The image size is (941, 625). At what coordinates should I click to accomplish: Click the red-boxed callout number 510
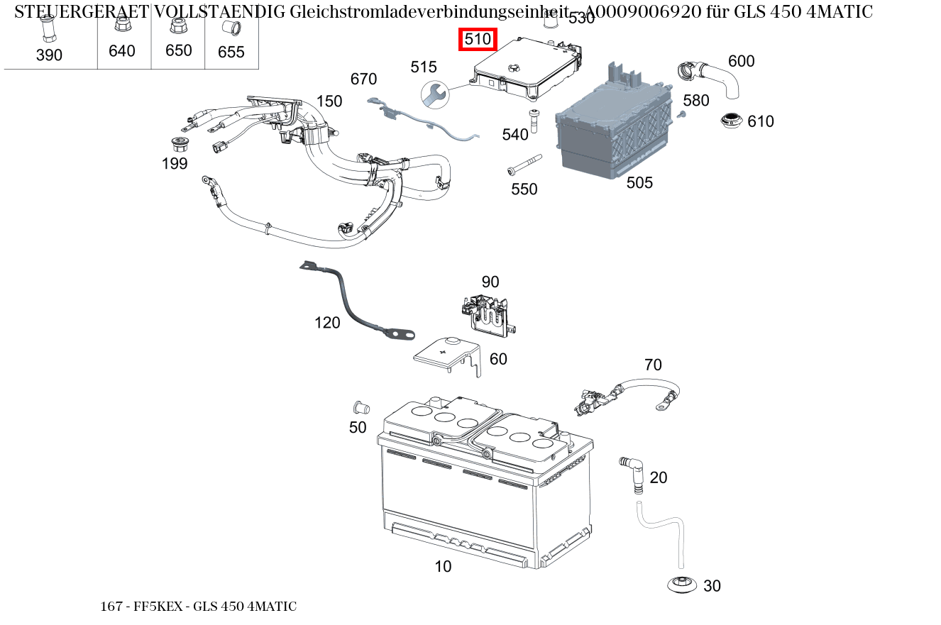coord(478,40)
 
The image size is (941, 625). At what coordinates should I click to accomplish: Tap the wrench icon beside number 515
coord(434,94)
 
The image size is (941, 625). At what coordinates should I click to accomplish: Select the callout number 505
coord(639,183)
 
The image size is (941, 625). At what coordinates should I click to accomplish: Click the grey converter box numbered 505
coord(615,131)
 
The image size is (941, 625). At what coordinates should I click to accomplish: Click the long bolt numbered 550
coord(523,165)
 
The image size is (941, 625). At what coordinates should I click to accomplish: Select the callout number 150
coord(329,101)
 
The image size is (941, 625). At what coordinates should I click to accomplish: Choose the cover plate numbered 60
coord(448,354)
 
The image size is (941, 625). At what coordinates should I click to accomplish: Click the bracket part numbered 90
coord(488,312)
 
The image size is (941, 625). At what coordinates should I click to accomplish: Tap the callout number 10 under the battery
coord(443,566)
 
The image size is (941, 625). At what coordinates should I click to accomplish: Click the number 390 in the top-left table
coord(49,55)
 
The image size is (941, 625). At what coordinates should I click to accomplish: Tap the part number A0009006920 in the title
coord(645,12)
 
